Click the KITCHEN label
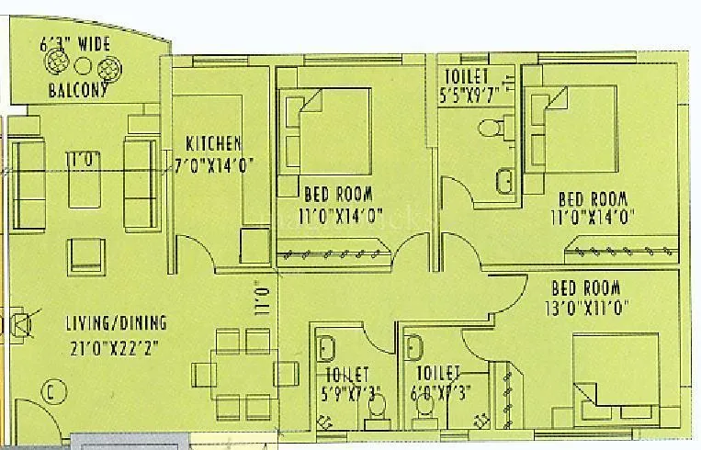coord(214,143)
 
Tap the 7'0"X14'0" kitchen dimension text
coord(214,165)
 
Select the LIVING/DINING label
coord(116,323)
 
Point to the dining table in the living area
coord(246,371)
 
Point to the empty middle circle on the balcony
coord(83,66)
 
